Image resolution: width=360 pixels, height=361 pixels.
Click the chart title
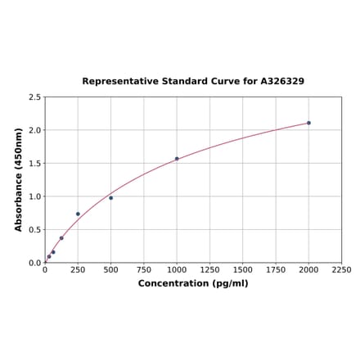point(193,82)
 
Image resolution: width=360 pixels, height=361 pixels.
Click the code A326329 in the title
point(282,82)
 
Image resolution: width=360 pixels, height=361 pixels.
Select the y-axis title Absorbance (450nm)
point(19,179)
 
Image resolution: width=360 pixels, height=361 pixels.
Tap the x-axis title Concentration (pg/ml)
point(193,283)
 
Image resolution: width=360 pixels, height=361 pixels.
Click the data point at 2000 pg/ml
point(308,123)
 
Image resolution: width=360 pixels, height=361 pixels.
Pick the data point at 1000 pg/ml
point(177,159)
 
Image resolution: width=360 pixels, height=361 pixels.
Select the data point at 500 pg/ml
point(111,198)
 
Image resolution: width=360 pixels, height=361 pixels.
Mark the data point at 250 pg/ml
point(78,214)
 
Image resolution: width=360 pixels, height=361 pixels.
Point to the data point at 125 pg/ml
point(61,238)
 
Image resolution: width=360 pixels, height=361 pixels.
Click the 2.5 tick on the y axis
point(34,97)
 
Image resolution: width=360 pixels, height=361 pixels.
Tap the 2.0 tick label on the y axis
point(34,130)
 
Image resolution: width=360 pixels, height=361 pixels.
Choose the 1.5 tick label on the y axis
point(34,164)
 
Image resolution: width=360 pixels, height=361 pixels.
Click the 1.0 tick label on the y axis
point(34,196)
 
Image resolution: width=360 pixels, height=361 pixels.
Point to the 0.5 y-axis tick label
point(34,230)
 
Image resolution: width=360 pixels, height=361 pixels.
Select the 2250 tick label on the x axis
point(341,270)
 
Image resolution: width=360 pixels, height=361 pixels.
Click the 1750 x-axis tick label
point(276,270)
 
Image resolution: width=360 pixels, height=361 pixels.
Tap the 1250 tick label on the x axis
point(209,270)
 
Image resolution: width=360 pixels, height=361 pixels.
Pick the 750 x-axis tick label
point(144,270)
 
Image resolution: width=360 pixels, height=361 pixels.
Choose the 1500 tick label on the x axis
point(243,270)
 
